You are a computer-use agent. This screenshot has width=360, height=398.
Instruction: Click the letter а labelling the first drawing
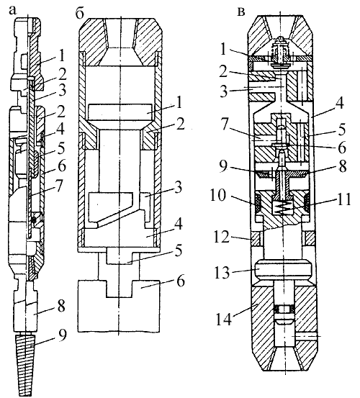[13, 10]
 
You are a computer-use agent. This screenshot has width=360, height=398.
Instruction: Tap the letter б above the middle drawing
[79, 14]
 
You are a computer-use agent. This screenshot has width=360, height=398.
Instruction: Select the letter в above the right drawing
[241, 12]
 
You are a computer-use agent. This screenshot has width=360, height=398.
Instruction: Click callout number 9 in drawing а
[61, 335]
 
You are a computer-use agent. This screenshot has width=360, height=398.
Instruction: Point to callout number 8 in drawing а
[60, 306]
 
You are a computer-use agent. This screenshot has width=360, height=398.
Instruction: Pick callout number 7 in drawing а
[58, 186]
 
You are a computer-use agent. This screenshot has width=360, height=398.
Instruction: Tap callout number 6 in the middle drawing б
[181, 281]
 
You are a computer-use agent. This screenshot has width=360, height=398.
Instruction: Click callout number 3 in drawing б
[178, 188]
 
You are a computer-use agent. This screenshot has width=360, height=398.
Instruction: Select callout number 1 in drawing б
[179, 102]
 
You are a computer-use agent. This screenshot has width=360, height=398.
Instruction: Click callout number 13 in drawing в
[222, 273]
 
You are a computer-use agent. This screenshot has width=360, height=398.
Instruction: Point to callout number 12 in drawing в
[221, 237]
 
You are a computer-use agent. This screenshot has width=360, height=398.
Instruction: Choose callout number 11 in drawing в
[343, 199]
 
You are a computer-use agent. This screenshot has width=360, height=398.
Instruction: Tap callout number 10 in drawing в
[217, 196]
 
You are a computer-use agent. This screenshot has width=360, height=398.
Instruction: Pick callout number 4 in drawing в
[340, 104]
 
